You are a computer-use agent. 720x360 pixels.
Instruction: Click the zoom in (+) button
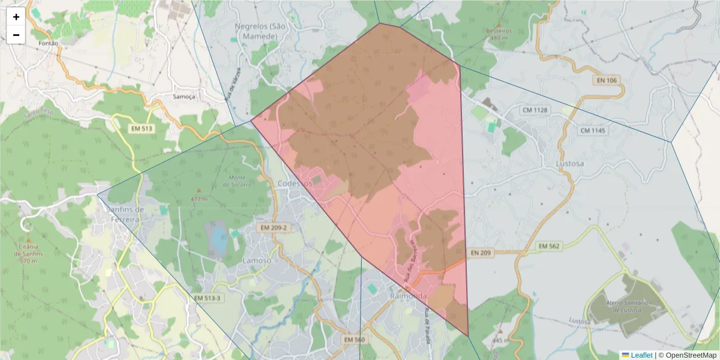(16, 17)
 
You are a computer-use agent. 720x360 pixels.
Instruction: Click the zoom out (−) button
(16, 35)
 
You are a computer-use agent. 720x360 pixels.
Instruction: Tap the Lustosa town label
(569, 163)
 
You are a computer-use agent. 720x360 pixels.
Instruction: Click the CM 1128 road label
(535, 110)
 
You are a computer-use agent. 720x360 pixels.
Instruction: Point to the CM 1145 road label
(593, 130)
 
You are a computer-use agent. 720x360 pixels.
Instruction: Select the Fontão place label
(48, 43)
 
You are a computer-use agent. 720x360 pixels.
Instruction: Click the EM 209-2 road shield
(274, 228)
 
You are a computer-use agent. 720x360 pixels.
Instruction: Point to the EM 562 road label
(548, 246)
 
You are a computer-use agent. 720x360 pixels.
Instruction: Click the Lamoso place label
(257, 261)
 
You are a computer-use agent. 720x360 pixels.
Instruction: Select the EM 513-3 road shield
(208, 298)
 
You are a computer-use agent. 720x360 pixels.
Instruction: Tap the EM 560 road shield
(355, 340)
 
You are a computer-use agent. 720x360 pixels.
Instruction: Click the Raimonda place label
(408, 296)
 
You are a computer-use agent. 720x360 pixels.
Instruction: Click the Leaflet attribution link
(641, 355)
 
